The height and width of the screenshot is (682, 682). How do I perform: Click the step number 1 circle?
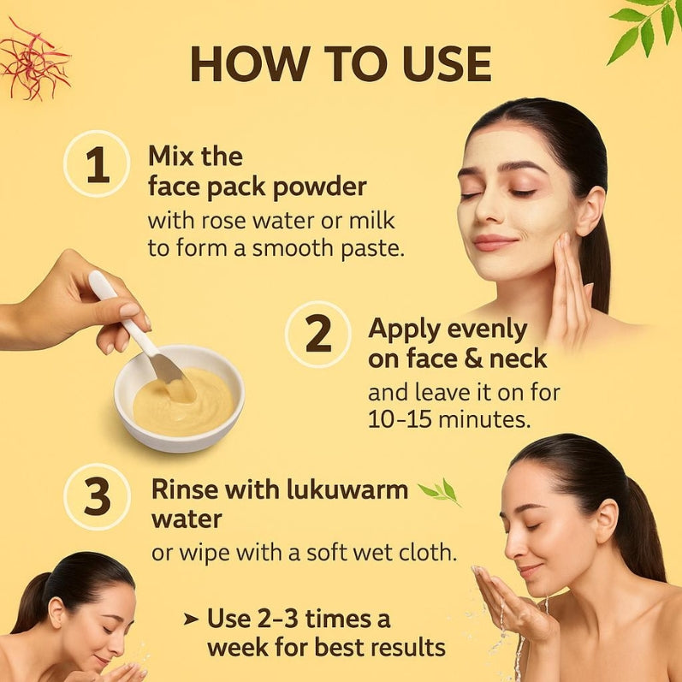(x=97, y=165)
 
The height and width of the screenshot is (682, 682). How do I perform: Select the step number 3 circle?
(x=97, y=496)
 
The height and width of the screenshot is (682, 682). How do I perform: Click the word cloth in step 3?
(x=423, y=552)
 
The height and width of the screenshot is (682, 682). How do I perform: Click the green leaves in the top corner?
(x=647, y=30)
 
